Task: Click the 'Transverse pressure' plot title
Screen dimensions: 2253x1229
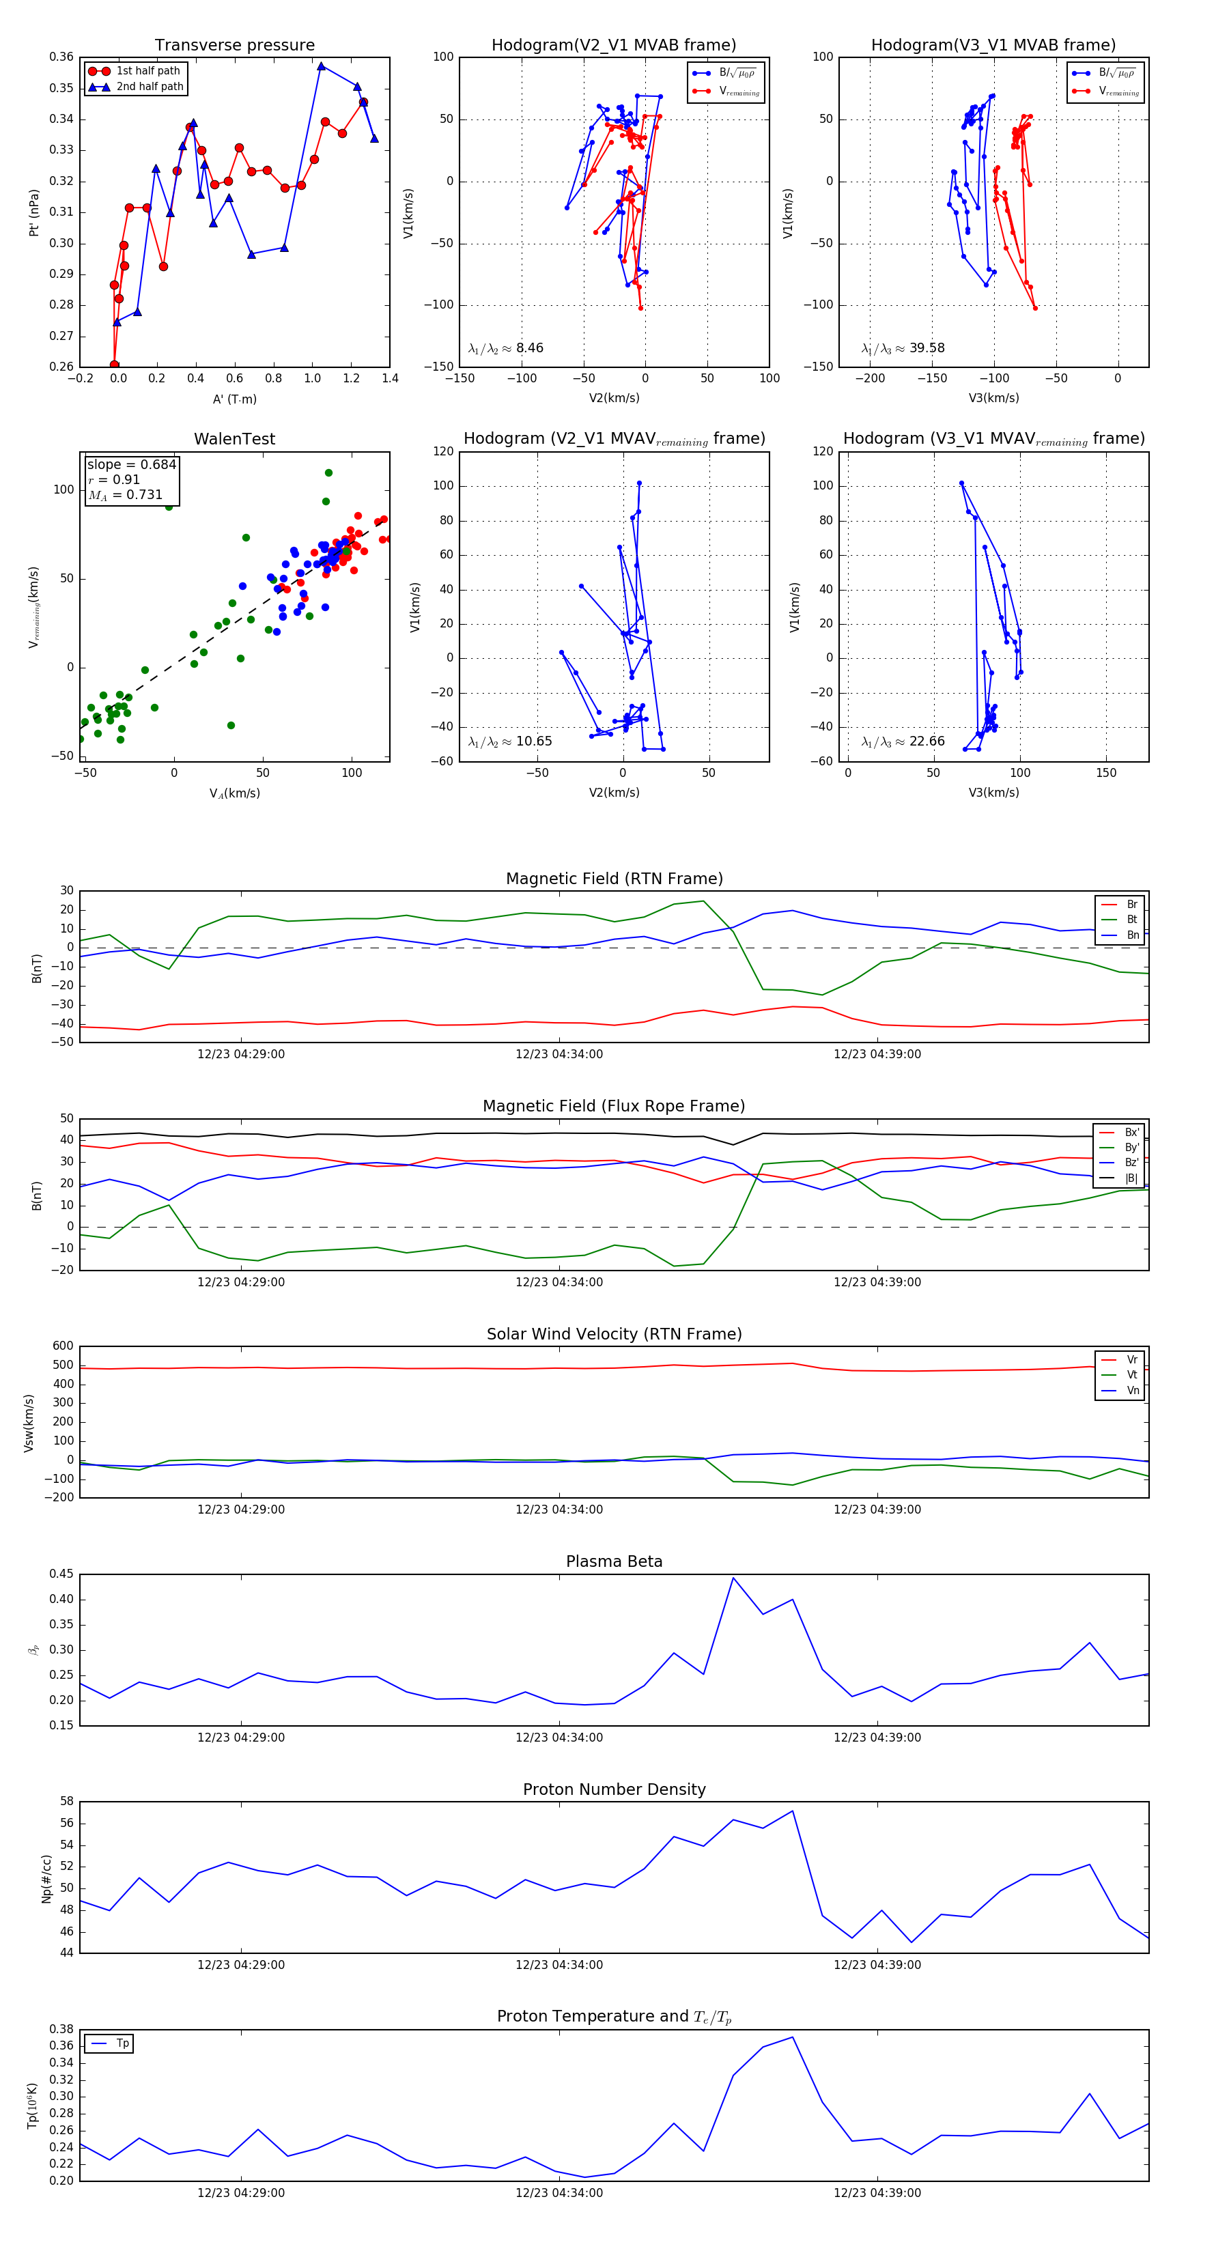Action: coord(234,46)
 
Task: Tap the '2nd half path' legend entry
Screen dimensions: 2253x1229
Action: coord(150,87)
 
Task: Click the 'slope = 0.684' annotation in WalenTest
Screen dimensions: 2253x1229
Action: coord(131,464)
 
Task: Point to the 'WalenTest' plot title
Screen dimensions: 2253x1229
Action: coord(234,439)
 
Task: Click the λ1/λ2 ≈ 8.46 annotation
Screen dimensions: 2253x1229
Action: coord(505,348)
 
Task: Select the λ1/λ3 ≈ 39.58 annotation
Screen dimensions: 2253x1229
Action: coord(903,348)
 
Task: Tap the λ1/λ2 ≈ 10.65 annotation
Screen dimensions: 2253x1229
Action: coord(510,741)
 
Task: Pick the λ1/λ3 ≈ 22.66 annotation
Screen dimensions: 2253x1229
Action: coord(903,741)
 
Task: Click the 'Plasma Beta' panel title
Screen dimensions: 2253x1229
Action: coord(614,1561)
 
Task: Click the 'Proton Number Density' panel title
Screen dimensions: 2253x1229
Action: coord(614,1789)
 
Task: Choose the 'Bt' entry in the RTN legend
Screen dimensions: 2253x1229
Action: coord(1132,919)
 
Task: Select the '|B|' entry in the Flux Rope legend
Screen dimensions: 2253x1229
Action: coord(1131,1178)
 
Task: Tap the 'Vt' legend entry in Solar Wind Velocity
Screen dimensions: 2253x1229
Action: coord(1132,1375)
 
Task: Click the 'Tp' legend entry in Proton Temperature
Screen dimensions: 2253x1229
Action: coord(122,2044)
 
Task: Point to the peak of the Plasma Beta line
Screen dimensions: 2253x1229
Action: coord(733,1578)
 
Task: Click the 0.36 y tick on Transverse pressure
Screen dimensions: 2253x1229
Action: coord(61,57)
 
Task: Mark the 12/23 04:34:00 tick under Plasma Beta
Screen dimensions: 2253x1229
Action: coord(559,1738)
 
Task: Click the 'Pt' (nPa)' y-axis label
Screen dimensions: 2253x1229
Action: coord(34,212)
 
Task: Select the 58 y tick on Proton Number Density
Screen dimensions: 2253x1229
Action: coord(66,1802)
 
